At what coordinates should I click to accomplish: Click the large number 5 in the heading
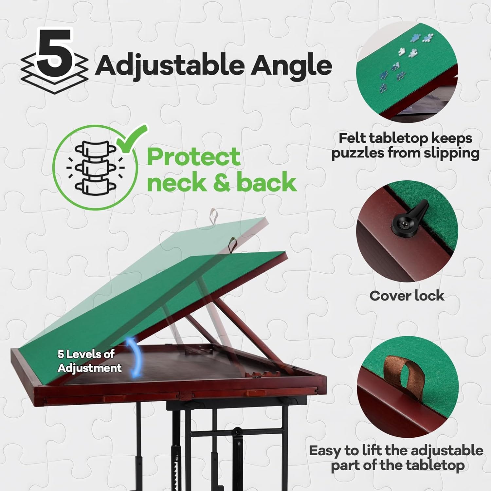54,52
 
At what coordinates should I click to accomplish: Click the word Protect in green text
194,157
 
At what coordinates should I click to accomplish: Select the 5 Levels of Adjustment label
89,361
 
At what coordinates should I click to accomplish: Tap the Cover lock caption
407,296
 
